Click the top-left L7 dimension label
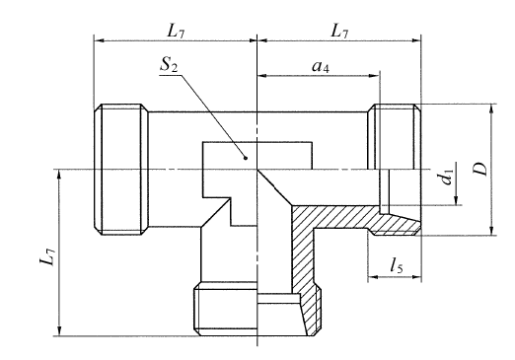pyautogui.click(x=176, y=32)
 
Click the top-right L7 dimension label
pyautogui.click(x=339, y=32)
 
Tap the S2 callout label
pyautogui.click(x=169, y=65)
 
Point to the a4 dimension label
pyautogui.click(x=321, y=66)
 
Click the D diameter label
pyautogui.click(x=482, y=169)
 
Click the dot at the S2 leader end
pyautogui.click(x=245, y=158)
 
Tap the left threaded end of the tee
pyautogui.click(x=120, y=170)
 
